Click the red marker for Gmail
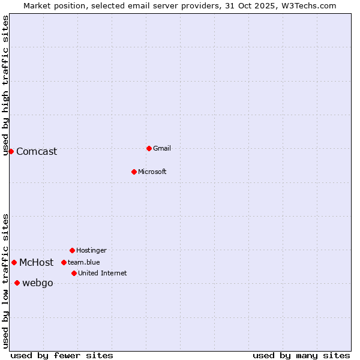coord(149,148)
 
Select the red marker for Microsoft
coord(134,172)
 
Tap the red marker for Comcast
coord(11,151)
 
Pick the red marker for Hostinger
coord(72,250)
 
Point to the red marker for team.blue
coord(64,262)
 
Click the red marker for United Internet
coord(74,273)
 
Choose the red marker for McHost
coord(14,262)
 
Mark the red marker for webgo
coord(17,283)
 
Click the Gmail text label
coord(162,148)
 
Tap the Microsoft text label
coord(152,172)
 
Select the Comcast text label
coord(37,151)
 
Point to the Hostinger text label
coord(91,250)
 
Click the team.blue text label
coord(83,262)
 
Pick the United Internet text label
coord(102,273)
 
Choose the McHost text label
coord(36,262)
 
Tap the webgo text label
coord(37,283)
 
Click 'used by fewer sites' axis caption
coord(62,355)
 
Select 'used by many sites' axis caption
coord(301,355)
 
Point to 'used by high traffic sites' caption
coord(5,86)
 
